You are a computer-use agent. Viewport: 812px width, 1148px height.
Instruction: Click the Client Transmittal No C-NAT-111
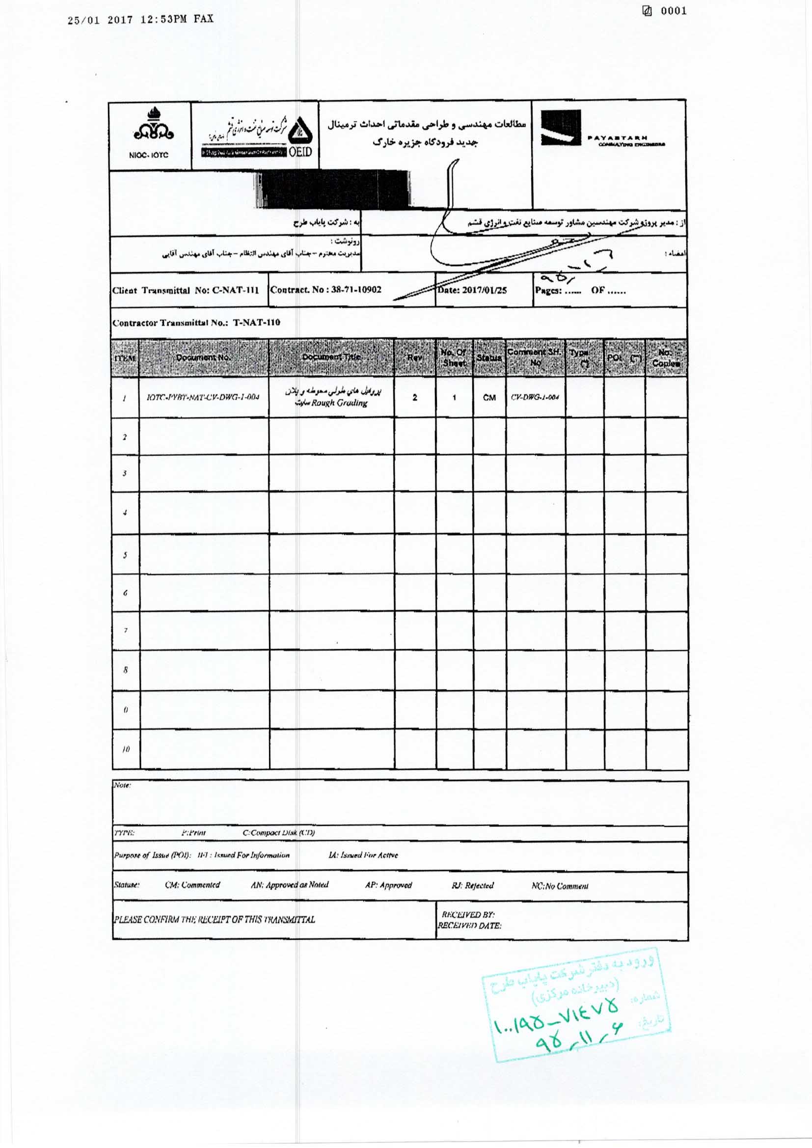click(x=186, y=290)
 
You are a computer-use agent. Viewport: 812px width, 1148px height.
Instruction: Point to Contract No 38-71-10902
click(x=325, y=290)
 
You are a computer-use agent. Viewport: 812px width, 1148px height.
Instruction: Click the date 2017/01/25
click(x=472, y=290)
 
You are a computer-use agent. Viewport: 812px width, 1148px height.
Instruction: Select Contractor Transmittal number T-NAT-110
click(x=196, y=323)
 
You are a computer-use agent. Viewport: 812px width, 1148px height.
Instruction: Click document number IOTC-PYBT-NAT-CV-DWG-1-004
click(x=203, y=398)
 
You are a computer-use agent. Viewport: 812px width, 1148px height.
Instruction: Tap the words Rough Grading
click(x=339, y=403)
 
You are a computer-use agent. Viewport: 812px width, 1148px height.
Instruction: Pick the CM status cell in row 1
click(x=489, y=398)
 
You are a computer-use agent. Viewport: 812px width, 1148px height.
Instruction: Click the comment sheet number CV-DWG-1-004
click(x=535, y=398)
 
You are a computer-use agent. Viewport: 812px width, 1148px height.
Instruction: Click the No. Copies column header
click(x=666, y=358)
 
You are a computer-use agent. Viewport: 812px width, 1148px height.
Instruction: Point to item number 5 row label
click(x=125, y=555)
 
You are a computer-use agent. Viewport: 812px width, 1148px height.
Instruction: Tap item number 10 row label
click(x=126, y=749)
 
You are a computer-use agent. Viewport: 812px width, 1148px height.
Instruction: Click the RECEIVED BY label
click(x=468, y=914)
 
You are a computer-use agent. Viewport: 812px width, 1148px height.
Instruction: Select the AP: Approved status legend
click(x=388, y=884)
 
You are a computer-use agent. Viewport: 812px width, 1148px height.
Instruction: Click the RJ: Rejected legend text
click(x=472, y=885)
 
